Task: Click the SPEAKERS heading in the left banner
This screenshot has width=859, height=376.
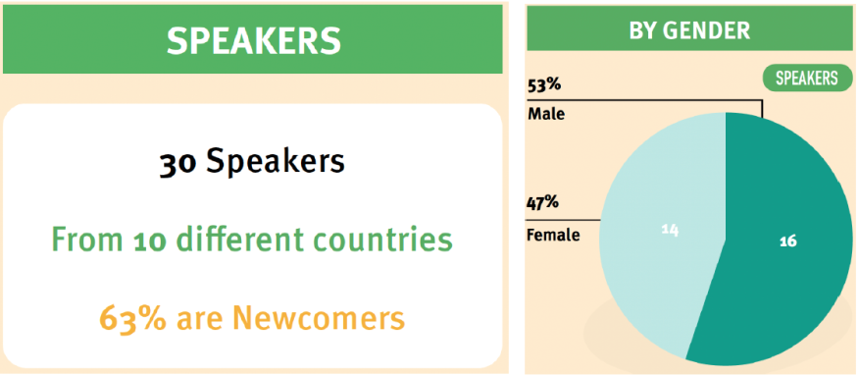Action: click(x=254, y=40)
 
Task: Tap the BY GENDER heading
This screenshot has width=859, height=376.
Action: click(x=689, y=30)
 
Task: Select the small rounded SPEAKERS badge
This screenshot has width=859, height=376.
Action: click(x=806, y=79)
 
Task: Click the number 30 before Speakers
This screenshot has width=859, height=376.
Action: click(x=177, y=163)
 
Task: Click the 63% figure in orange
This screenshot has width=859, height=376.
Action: click(x=132, y=318)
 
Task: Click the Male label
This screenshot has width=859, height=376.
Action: click(x=546, y=115)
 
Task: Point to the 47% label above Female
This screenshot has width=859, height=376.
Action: click(x=542, y=204)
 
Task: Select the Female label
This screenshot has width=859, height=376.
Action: click(x=553, y=236)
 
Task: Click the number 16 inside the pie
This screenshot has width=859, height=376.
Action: click(x=787, y=241)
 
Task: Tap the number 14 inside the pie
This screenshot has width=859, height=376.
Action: click(x=670, y=230)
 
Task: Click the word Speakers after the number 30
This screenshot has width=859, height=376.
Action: click(x=276, y=162)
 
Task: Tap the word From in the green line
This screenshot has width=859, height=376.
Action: click(x=89, y=241)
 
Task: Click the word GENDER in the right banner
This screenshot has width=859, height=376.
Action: click(x=706, y=30)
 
